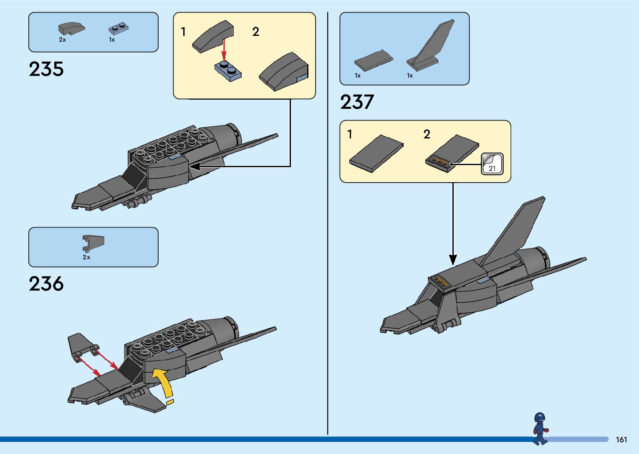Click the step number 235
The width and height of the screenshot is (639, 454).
coord(46,69)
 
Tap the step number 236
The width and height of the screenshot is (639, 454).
coord(46,284)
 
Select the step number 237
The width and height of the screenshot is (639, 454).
coord(357,102)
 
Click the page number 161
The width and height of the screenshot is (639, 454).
coord(621,439)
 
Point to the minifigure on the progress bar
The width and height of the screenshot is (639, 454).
coord(540,429)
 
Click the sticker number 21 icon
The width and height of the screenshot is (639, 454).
coord(492,164)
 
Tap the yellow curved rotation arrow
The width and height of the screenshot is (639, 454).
coord(163,381)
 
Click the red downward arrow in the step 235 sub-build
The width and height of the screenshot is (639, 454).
coord(224,50)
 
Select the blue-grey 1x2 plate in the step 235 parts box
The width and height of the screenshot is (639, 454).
coord(119,28)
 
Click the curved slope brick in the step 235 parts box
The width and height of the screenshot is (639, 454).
coord(71,28)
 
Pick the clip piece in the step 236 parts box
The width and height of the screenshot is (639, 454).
coord(93,243)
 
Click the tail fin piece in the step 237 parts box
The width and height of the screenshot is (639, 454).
coord(430,46)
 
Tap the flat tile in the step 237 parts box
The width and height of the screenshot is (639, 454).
coord(373,60)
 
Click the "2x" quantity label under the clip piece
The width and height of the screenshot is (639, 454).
coord(86,257)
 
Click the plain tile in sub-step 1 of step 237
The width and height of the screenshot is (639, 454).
coord(376,153)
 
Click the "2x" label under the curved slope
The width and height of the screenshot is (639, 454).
coord(62,40)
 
